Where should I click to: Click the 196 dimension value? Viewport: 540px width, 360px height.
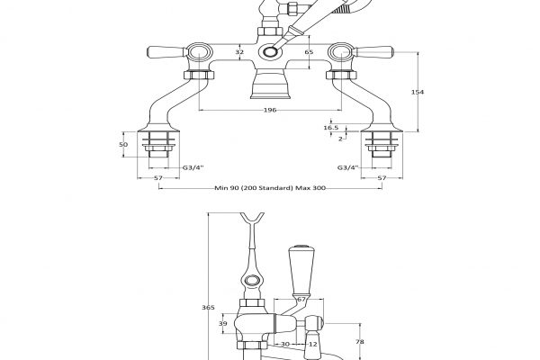point(269,111)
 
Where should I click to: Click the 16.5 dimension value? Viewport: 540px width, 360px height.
point(331,129)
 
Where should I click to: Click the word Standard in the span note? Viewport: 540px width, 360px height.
point(276,188)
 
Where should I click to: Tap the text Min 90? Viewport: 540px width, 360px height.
point(226,188)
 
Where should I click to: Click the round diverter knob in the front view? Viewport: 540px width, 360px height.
point(269,54)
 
